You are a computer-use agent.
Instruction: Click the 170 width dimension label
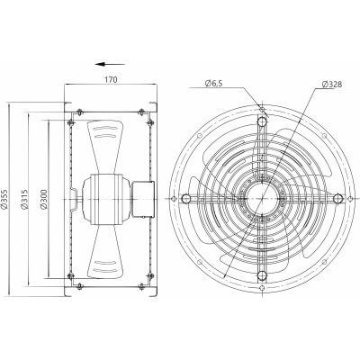111,79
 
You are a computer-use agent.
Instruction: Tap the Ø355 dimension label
4,200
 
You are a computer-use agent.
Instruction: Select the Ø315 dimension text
24,199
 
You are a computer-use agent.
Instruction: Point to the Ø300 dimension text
43,199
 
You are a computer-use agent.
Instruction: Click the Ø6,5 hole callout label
214,84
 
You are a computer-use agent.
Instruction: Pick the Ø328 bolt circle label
332,85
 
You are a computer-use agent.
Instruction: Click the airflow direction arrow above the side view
110,64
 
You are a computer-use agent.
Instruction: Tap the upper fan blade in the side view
105,147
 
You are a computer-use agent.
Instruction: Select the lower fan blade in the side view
105,251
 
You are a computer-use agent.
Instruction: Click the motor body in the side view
106,199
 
